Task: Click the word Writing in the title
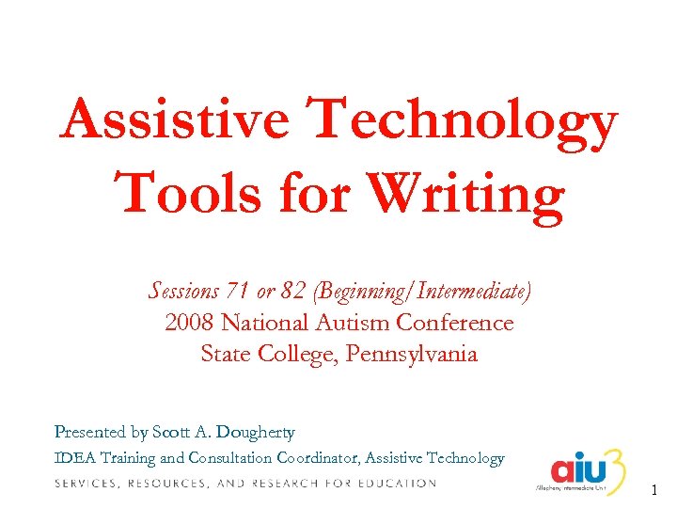click(x=466, y=194)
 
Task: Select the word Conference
click(x=455, y=323)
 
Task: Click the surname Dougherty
click(x=255, y=433)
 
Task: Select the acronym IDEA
click(x=74, y=459)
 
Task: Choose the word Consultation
click(x=229, y=459)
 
